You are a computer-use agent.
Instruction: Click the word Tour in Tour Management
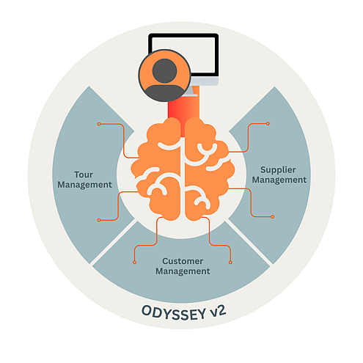pyautogui.click(x=84, y=175)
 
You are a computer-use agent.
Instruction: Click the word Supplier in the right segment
pyautogui.click(x=278, y=169)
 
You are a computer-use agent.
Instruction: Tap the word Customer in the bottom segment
pyautogui.click(x=183, y=261)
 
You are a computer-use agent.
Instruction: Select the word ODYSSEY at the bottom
pyautogui.click(x=173, y=313)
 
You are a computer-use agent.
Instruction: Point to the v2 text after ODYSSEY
pyautogui.click(x=218, y=311)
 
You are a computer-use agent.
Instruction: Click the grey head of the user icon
pyautogui.click(x=164, y=70)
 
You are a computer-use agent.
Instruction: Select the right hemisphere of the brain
pyautogui.click(x=208, y=169)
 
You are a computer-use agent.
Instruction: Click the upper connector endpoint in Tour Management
pyautogui.click(x=99, y=124)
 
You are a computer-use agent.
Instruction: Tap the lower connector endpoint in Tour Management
pyautogui.click(x=99, y=220)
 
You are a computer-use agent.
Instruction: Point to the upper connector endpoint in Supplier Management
pyautogui.click(x=268, y=124)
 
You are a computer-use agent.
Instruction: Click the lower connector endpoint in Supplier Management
pyautogui.click(x=272, y=216)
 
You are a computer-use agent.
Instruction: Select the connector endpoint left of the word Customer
pyautogui.click(x=134, y=263)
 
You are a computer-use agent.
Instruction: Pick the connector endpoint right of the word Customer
pyautogui.click(x=230, y=263)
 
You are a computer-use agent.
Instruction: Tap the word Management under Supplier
pyautogui.click(x=279, y=180)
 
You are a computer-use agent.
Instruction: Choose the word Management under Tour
pyautogui.click(x=84, y=185)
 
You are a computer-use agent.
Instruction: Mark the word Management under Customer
pyautogui.click(x=183, y=271)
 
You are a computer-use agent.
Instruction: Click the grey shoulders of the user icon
pyautogui.click(x=164, y=92)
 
